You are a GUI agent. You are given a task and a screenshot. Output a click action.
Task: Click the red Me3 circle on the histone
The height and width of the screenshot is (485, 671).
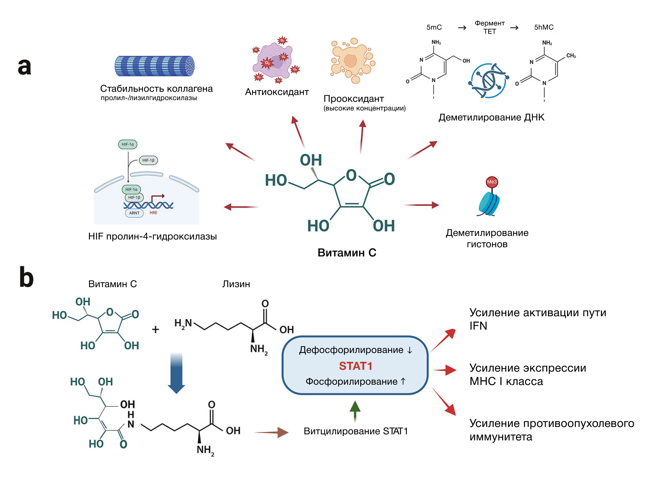(492, 182)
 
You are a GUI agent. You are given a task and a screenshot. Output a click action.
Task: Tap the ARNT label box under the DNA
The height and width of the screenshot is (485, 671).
(134, 213)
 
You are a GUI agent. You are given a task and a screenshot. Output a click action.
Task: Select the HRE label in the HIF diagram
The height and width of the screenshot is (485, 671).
(153, 213)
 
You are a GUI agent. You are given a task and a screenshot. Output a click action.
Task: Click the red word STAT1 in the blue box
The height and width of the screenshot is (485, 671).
(355, 366)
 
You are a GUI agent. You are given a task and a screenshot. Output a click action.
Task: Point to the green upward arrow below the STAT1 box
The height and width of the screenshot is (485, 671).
(355, 410)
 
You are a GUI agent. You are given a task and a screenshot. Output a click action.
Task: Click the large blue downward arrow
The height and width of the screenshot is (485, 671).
(176, 373)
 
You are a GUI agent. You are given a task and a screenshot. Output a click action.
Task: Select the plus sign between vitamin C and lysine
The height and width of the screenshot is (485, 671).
(155, 329)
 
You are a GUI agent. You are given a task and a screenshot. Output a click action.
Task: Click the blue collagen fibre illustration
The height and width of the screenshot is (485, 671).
(154, 66)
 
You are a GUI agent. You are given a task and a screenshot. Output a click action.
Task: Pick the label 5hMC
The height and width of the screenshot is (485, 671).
(543, 27)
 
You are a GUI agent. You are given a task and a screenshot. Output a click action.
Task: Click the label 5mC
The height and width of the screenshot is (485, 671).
(434, 27)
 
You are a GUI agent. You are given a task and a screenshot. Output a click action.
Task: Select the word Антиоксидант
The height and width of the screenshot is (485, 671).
(277, 92)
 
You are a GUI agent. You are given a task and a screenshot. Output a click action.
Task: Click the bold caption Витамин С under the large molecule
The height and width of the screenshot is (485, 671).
(347, 253)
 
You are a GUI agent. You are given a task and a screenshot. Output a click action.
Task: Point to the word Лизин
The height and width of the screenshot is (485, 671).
(236, 284)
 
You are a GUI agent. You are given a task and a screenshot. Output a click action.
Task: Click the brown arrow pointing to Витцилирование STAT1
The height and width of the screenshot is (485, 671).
(271, 432)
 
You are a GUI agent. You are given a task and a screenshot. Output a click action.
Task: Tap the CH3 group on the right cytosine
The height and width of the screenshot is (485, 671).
(571, 56)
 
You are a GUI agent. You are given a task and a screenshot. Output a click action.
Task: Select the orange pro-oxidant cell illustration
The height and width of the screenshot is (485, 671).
(352, 60)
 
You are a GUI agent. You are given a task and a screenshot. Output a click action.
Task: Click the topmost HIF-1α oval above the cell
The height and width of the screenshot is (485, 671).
(128, 144)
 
